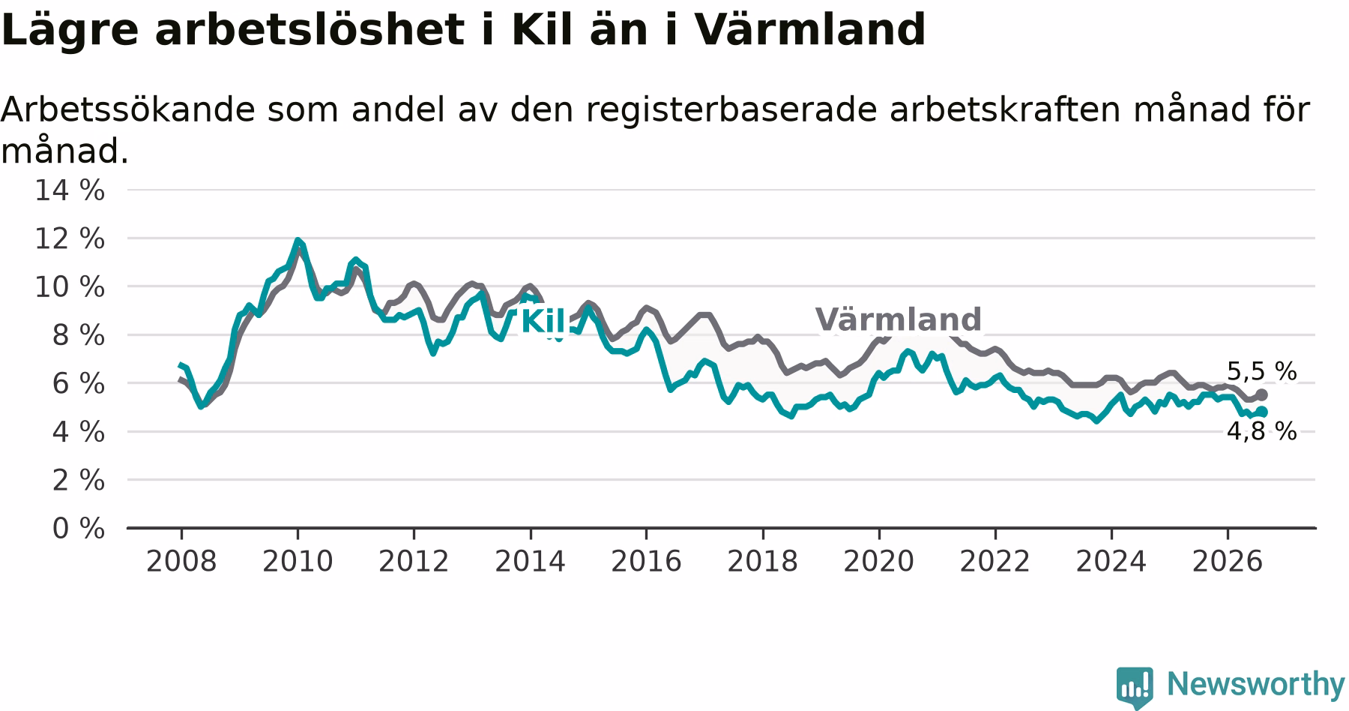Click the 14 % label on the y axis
click(70, 190)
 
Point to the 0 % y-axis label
click(78, 529)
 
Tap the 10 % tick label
click(70, 286)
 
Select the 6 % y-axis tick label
click(78, 383)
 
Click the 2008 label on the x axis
click(181, 561)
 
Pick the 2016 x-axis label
click(646, 561)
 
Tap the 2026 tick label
click(1228, 561)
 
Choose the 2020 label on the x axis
click(879, 561)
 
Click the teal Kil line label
click(542, 321)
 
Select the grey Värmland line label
click(898, 319)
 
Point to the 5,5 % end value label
click(1261, 371)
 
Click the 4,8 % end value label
click(1261, 431)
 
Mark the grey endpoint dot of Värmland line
click(1262, 394)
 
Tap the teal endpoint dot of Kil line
click(1262, 411)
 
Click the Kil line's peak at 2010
click(298, 240)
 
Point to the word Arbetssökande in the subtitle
click(127, 109)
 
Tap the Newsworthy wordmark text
click(1256, 684)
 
